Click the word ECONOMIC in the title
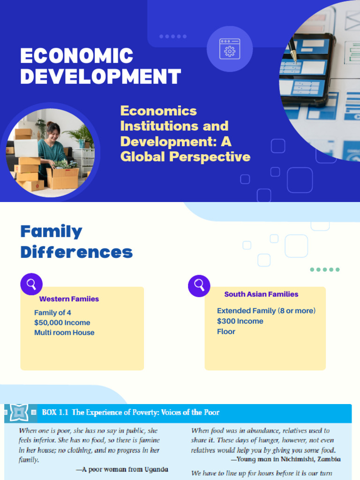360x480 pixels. pos(77,56)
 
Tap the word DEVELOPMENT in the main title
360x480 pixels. pos(100,76)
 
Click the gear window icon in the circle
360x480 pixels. pos(230,49)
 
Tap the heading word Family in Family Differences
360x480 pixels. pos(51,232)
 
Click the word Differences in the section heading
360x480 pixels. pos(76,253)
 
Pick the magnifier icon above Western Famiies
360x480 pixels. pos(31,284)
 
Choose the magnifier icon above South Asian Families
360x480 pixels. pos(199,285)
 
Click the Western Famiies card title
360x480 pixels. pos(69,299)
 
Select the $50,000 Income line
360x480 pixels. pos(62,322)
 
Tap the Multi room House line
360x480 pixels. pos(64,333)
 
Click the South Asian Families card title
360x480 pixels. pos(261,294)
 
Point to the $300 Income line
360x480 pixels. pos(240,321)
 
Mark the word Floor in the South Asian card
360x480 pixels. pos(226,331)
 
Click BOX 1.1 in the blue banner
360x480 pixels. pos(55,412)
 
